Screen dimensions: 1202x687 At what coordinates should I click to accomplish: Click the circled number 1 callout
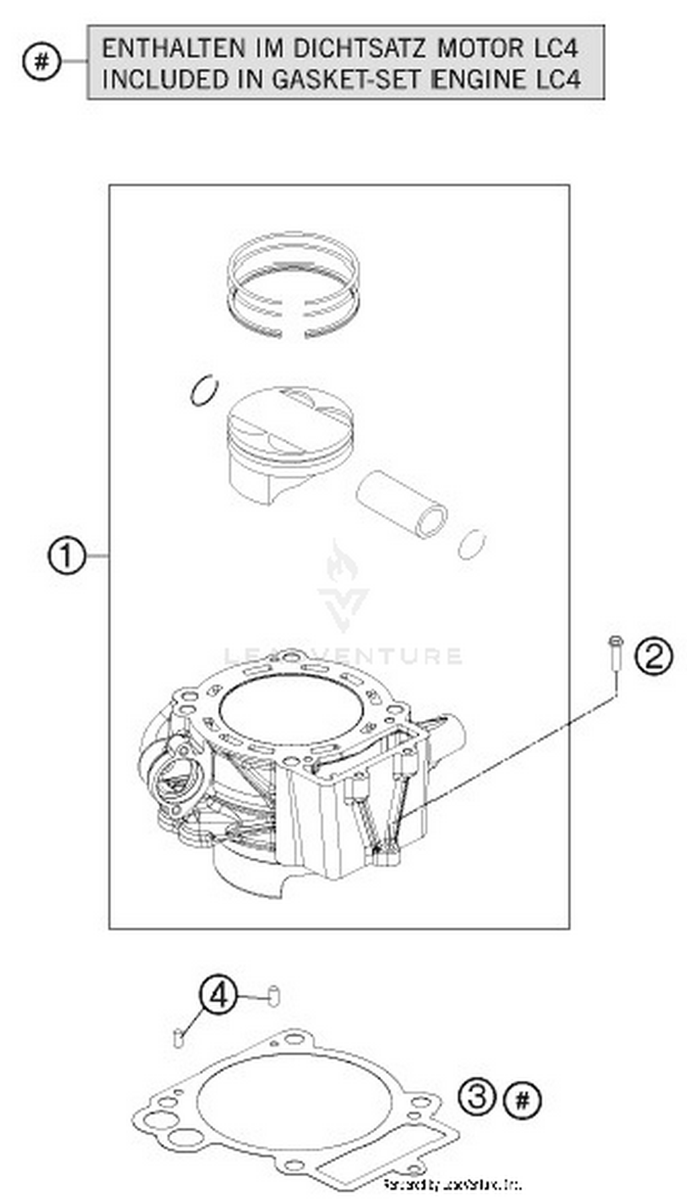[66, 557]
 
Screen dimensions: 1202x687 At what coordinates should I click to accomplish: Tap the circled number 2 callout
[654, 657]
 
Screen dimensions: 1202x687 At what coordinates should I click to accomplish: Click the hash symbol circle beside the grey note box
[42, 61]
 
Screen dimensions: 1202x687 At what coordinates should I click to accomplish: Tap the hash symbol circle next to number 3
[522, 1101]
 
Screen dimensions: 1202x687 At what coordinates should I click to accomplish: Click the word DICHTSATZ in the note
[359, 49]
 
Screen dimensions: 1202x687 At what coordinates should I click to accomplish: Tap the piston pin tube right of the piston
[402, 504]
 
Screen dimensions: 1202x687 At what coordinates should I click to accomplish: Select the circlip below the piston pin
[471, 544]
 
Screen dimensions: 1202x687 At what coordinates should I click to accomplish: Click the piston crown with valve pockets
[290, 420]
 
